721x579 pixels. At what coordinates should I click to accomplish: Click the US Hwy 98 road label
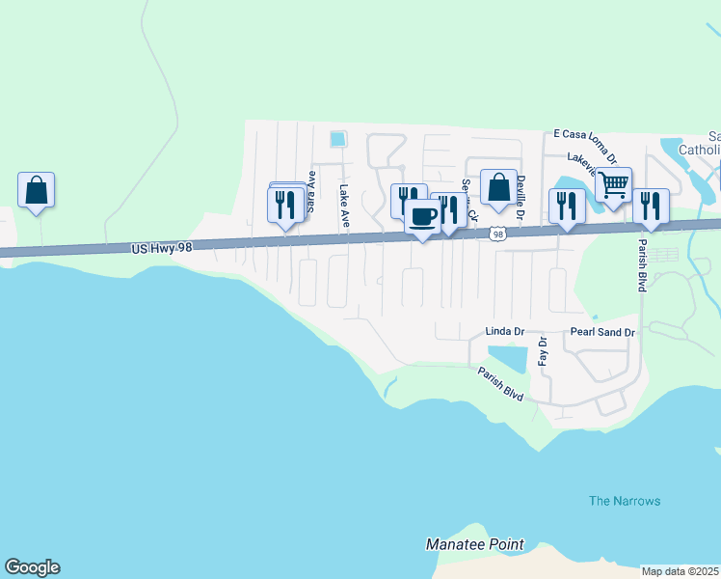162,248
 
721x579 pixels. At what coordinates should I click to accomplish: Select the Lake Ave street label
344,207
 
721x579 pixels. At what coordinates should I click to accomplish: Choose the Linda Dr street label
504,332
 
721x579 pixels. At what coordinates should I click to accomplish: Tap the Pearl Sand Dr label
603,332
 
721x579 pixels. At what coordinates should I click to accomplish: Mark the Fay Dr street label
543,350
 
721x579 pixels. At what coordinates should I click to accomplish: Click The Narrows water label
625,501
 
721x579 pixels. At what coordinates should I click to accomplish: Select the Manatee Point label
475,544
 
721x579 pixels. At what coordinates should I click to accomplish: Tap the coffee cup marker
422,215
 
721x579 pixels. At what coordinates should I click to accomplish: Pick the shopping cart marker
613,183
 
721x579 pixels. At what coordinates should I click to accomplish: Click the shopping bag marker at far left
36,189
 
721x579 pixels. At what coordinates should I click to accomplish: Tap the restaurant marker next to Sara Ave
285,205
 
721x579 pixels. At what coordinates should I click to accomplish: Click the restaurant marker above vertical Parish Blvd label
651,205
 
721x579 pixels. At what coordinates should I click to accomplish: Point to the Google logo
32,567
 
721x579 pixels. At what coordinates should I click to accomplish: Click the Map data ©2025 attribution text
681,571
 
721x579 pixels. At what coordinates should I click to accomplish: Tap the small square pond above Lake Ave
337,139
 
